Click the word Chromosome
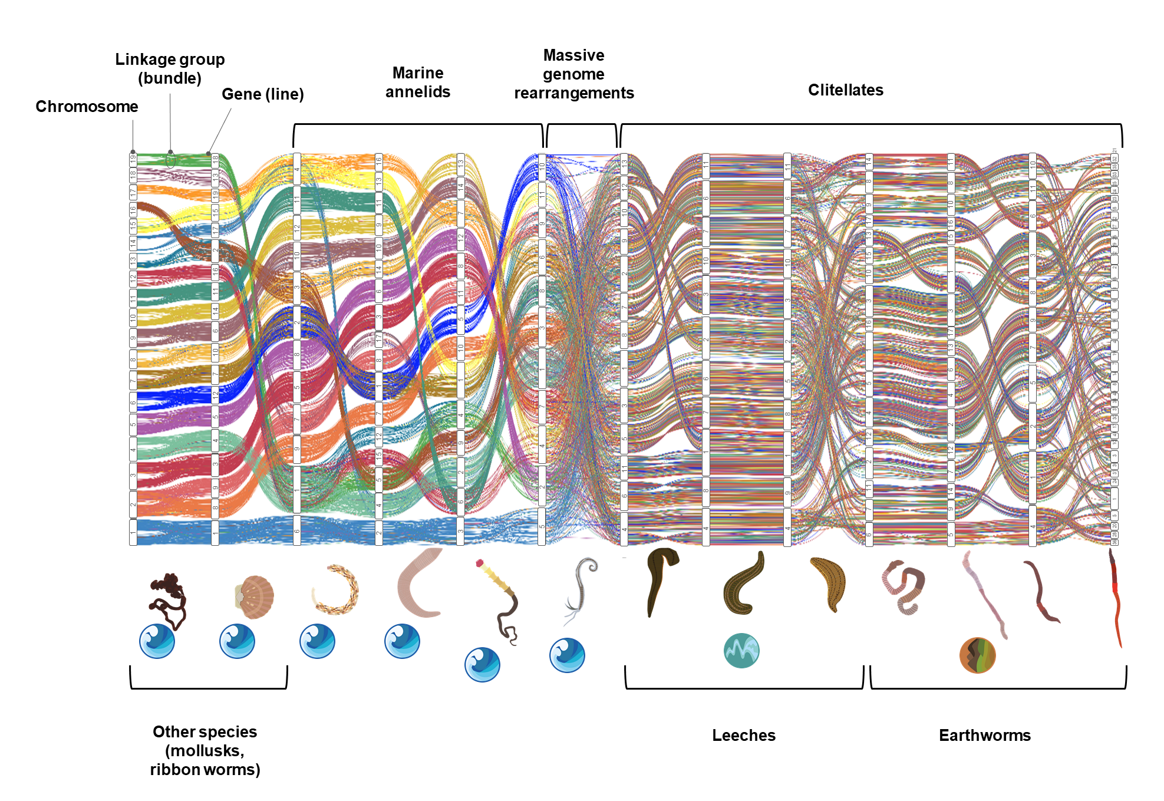tap(87, 107)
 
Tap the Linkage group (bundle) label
tap(170, 69)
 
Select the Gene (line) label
tap(262, 94)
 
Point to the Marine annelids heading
tap(417, 83)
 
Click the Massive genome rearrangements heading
tap(573, 74)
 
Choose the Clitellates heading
tap(845, 90)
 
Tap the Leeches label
tap(743, 736)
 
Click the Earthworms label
tap(984, 736)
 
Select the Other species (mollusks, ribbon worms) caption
tap(205, 750)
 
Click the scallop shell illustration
tap(255, 596)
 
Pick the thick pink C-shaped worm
tap(418, 584)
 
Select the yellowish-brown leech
tap(828, 583)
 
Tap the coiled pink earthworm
tap(903, 587)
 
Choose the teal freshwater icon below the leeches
tap(741, 651)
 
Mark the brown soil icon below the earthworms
tap(977, 655)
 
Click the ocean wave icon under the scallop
tap(237, 641)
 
